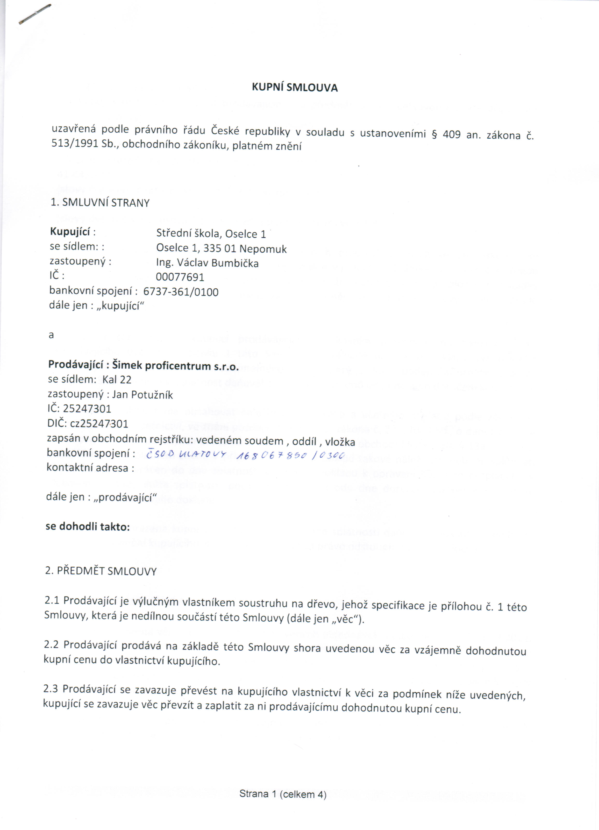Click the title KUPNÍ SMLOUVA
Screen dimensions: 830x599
click(294, 87)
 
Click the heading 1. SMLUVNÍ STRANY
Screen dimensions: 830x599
click(100, 203)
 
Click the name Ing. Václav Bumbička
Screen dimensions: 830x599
click(207, 263)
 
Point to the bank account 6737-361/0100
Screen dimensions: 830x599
click(181, 292)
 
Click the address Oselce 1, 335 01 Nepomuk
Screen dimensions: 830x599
click(221, 248)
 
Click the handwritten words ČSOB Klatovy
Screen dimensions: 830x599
click(186, 454)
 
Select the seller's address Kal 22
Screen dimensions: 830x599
click(117, 380)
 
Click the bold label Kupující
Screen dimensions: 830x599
click(70, 232)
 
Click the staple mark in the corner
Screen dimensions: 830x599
click(35, 15)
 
